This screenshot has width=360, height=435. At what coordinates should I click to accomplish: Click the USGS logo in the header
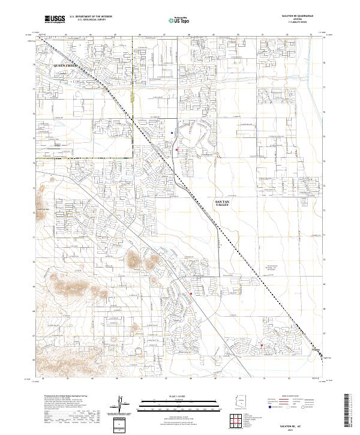[55, 19]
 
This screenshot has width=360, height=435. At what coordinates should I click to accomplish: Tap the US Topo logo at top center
[178, 19]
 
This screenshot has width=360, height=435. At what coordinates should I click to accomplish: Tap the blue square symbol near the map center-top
[173, 133]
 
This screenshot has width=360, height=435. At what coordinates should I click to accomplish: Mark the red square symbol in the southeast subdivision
[262, 344]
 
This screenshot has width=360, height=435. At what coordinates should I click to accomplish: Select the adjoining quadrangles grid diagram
[239, 422]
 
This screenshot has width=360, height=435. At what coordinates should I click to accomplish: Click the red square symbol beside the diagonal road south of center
[191, 293]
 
